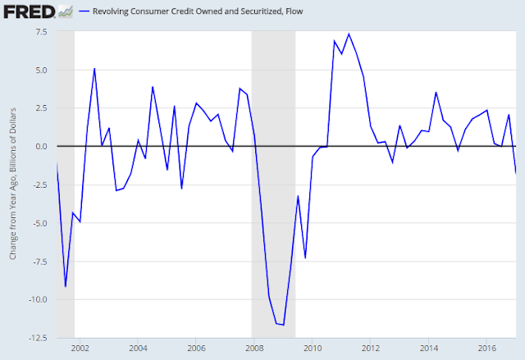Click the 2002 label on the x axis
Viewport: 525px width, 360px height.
(x=80, y=348)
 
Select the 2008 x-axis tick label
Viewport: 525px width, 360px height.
(x=253, y=348)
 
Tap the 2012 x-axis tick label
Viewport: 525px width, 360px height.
(x=370, y=348)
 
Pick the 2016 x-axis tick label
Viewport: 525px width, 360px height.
(x=486, y=348)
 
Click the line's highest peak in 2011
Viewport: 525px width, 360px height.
(x=349, y=34)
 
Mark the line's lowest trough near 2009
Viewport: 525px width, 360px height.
(x=283, y=326)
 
